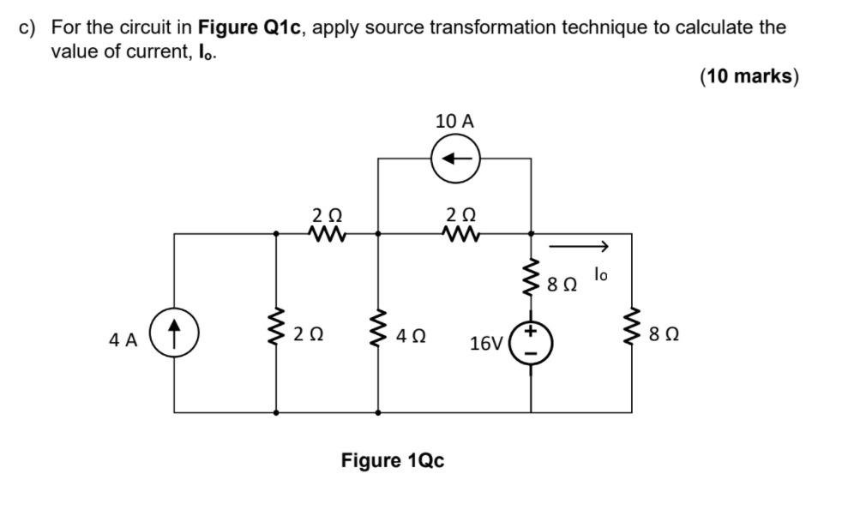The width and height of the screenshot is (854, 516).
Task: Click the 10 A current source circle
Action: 455,159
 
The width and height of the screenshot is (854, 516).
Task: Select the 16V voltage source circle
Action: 531,342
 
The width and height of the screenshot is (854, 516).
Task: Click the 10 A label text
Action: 454,122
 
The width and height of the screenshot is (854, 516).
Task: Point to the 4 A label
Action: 123,340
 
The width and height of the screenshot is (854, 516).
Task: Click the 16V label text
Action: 487,344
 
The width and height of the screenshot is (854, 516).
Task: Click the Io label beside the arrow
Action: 602,274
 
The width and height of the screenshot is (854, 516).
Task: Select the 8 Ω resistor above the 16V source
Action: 531,278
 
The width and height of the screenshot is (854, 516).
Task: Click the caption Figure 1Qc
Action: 393,461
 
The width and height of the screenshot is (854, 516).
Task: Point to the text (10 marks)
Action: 749,76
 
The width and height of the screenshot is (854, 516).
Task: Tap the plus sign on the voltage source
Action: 531,330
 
